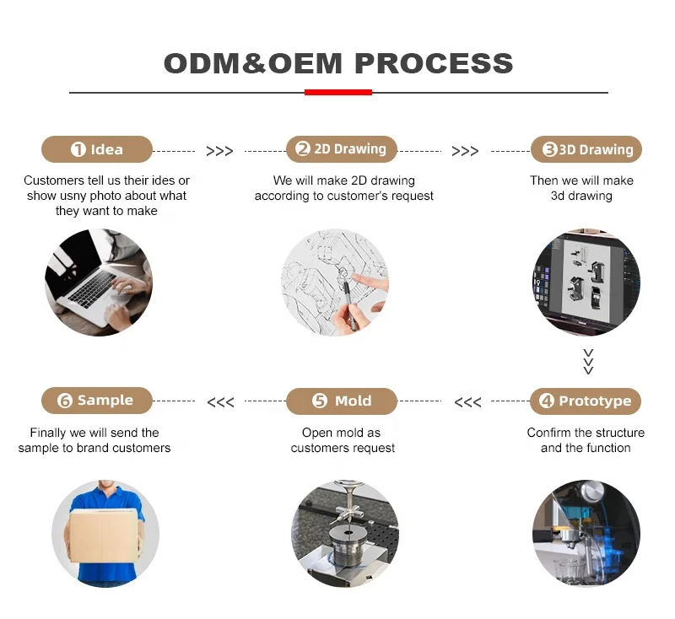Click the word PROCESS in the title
pyautogui.click(x=434, y=63)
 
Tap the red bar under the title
pyautogui.click(x=337, y=92)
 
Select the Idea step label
pyautogui.click(x=97, y=149)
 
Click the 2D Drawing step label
pyautogui.click(x=341, y=149)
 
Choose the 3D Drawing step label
pyautogui.click(x=586, y=149)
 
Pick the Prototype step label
pyautogui.click(x=586, y=401)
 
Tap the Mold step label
pyautogui.click(x=341, y=401)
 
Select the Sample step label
pyautogui.click(x=97, y=401)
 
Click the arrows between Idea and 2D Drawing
pyautogui.click(x=219, y=151)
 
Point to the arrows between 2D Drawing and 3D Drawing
pyautogui.click(x=465, y=151)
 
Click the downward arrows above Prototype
pyautogui.click(x=588, y=361)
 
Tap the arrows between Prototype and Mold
pyautogui.click(x=467, y=402)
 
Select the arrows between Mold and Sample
pyautogui.click(x=220, y=402)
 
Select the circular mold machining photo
pyautogui.click(x=344, y=534)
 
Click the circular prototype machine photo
pyautogui.click(x=586, y=534)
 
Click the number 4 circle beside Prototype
pyautogui.click(x=547, y=401)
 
